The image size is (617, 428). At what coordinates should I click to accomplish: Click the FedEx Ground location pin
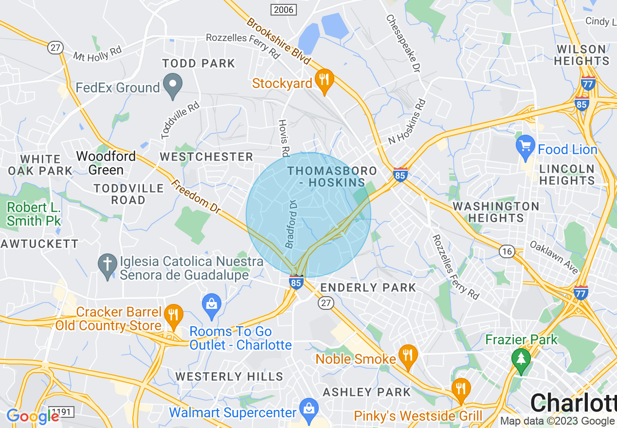(172, 86)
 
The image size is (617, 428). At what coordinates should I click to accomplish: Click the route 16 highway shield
(507, 251)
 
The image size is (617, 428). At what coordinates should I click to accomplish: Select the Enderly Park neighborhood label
(368, 287)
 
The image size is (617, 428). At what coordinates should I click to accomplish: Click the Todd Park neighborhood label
(199, 64)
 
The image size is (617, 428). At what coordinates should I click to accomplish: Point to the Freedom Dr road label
(195, 196)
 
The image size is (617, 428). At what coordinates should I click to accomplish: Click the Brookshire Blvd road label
(278, 41)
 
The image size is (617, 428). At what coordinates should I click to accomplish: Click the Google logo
(33, 416)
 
